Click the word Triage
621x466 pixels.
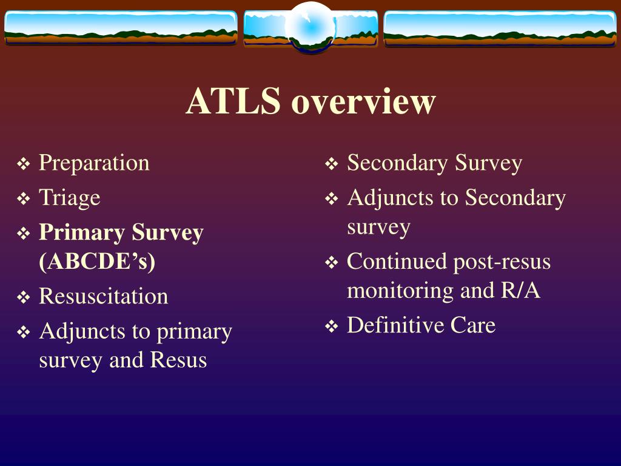point(70,198)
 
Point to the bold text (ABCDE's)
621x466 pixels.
point(97,262)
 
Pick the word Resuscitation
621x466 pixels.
point(103,296)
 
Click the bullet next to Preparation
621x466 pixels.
point(24,164)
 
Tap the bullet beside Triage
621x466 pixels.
point(24,198)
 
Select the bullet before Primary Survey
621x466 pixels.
point(24,233)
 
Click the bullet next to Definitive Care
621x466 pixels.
point(332,326)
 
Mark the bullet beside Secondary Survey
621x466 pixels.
point(332,164)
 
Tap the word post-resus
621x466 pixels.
point(502,262)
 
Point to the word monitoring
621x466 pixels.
point(400,291)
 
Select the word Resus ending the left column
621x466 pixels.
point(178,360)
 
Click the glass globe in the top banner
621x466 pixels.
point(310,27)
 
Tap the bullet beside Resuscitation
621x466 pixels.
point(24,297)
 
